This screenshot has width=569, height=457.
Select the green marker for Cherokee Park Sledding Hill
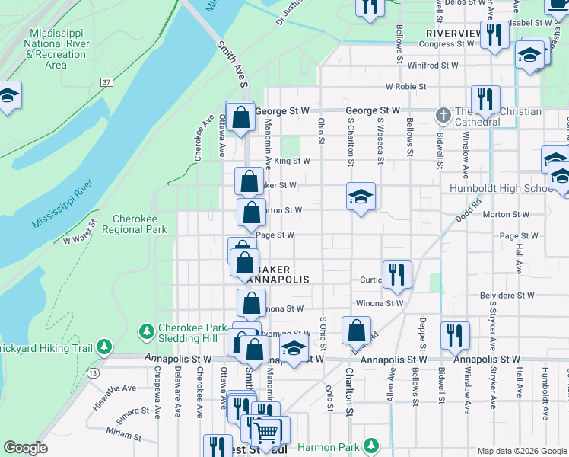147,331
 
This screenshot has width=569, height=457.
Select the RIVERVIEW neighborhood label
453,34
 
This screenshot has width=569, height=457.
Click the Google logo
25,448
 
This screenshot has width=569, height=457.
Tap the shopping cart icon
266,431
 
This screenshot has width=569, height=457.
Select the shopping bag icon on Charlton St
356,330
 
